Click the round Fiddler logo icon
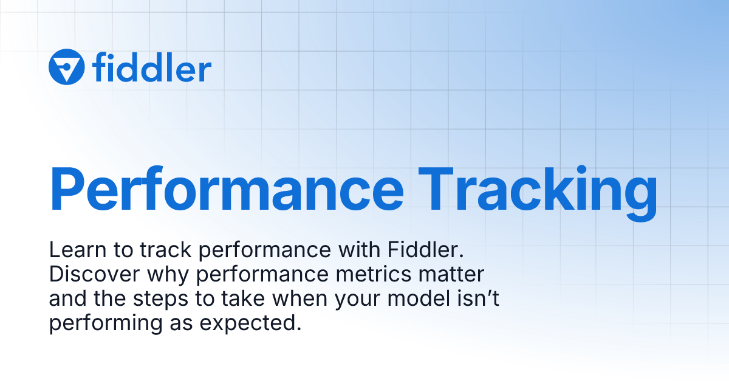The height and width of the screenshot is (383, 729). pyautogui.click(x=66, y=67)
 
